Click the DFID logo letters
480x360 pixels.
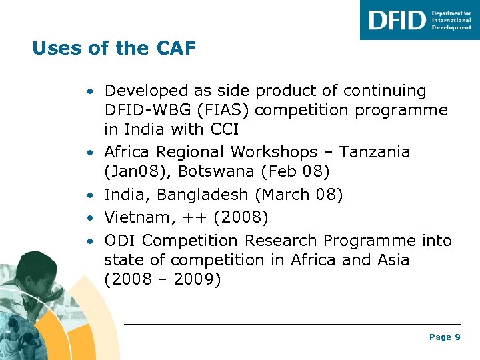coord(397,20)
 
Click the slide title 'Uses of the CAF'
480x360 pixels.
coord(114,49)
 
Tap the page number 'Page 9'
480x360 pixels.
coord(445,337)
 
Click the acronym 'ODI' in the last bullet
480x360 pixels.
coord(121,240)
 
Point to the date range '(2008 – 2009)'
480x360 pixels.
coord(162,279)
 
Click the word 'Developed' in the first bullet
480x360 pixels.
coord(147,91)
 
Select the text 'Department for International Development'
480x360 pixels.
coord(451,20)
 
